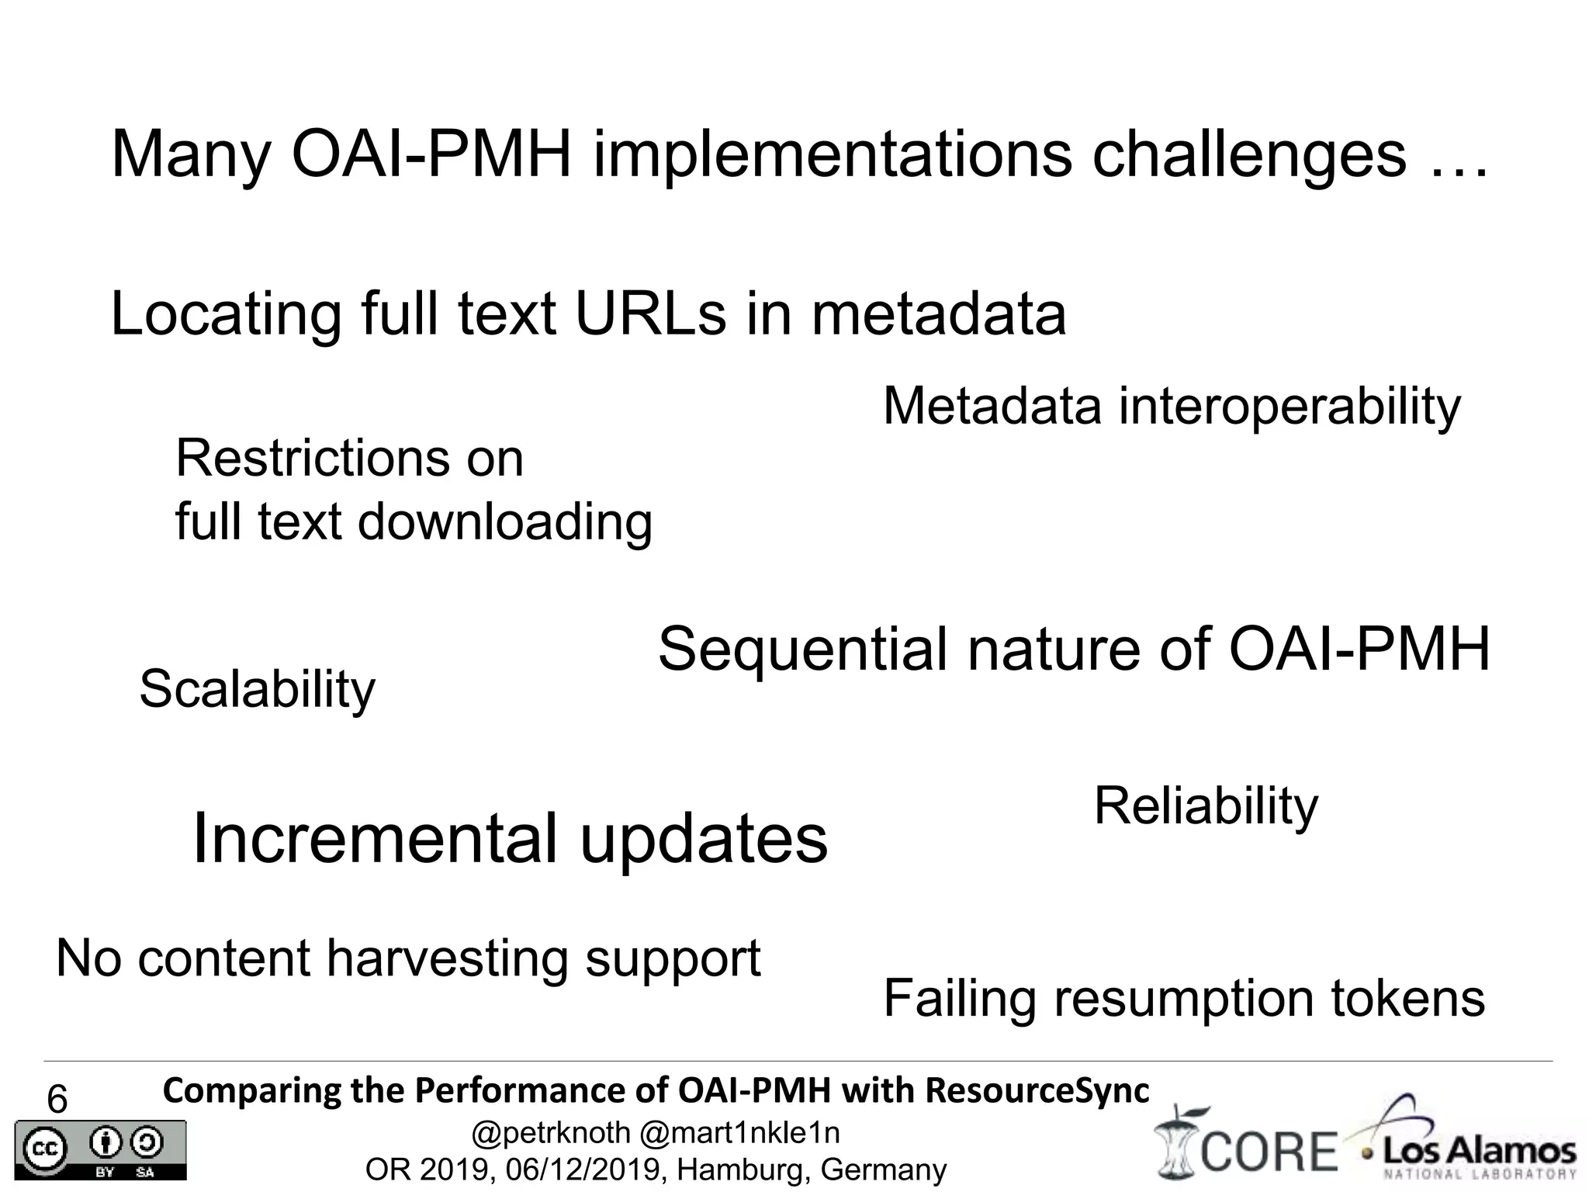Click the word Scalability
coord(257,689)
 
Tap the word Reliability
coord(1206,806)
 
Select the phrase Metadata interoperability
coord(1172,406)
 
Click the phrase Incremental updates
coord(510,840)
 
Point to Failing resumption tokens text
coord(1184,998)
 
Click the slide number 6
coord(57,1100)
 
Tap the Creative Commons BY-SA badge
coord(100,1150)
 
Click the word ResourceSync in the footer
coord(1037,1090)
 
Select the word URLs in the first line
coord(650,314)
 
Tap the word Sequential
coord(802,650)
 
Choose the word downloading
coord(504,521)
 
